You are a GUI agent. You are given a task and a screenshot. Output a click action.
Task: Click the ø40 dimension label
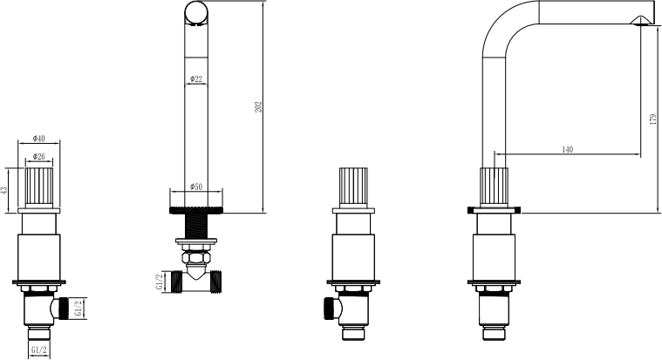[38, 139]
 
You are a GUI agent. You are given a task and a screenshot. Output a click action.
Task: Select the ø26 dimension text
[38, 157]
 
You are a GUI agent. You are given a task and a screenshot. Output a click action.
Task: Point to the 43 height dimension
[4, 190]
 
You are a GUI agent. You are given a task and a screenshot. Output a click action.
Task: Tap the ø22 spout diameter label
[196, 79]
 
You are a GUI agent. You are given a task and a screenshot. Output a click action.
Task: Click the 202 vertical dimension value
[258, 106]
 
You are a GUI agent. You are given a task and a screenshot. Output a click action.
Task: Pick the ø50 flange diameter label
[196, 187]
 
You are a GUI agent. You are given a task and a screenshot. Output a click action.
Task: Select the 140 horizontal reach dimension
[568, 149]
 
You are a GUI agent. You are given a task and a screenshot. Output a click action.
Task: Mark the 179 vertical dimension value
[652, 119]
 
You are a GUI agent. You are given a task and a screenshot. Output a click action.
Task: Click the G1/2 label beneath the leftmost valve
[39, 350]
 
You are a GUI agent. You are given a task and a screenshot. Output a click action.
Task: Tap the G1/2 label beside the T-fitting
[159, 282]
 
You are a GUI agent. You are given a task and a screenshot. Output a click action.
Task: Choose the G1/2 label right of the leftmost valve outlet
[78, 309]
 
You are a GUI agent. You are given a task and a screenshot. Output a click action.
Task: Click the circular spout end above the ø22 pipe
[196, 12]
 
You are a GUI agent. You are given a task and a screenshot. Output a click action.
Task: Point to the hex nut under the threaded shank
[196, 257]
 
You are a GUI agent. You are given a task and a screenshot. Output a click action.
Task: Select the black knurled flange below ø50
[196, 210]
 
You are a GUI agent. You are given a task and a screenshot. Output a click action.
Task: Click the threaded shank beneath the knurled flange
[196, 226]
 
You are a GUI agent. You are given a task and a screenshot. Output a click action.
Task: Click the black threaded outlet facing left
[330, 309]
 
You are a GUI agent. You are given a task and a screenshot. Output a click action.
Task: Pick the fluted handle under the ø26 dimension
[39, 187]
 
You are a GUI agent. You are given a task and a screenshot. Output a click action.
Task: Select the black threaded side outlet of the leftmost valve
[64, 309]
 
